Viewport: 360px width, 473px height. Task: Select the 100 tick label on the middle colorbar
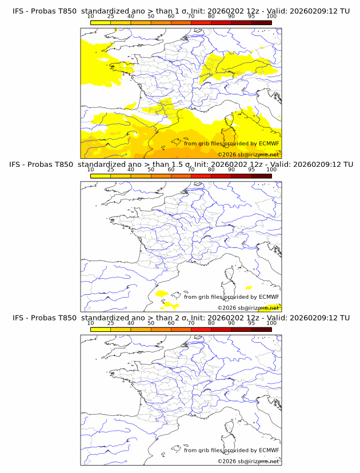click(271, 170)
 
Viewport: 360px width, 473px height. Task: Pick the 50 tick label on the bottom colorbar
click(151, 323)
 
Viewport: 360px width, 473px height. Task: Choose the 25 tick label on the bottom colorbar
click(110, 323)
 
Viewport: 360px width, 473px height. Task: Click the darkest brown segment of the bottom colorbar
click(261, 329)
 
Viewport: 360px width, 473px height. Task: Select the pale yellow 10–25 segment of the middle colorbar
click(101, 176)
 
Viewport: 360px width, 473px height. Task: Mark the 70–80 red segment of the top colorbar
click(201, 22)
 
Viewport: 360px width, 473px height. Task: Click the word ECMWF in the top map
click(269, 143)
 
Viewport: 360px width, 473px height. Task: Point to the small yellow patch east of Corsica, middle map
click(248, 287)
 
